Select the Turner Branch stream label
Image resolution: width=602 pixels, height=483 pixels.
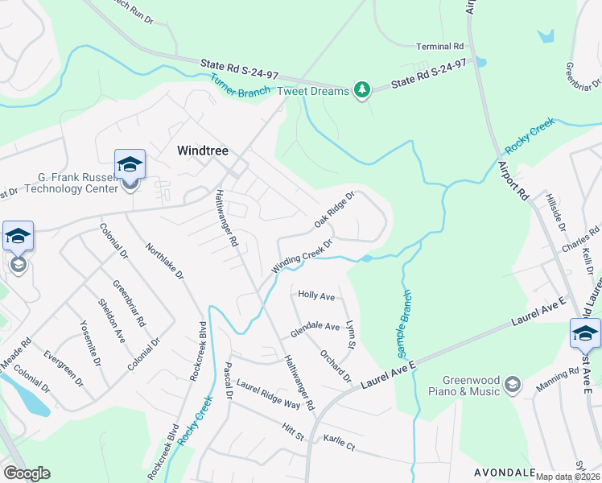[x=242, y=83]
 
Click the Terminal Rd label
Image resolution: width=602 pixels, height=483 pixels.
[x=440, y=47]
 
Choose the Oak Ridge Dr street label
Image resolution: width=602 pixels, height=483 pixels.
[x=335, y=209]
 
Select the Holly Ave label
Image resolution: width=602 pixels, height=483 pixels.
[x=316, y=296]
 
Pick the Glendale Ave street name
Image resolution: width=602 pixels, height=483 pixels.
[x=315, y=327]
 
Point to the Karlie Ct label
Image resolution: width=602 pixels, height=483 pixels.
[x=339, y=442]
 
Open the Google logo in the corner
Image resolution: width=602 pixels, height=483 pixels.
[x=27, y=473]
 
